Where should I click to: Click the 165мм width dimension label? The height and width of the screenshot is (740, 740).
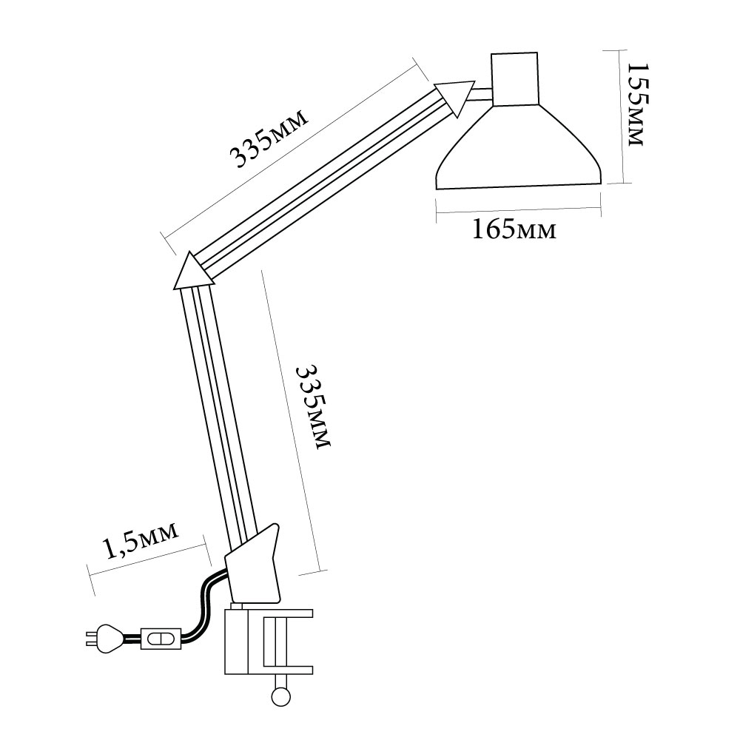tap(514, 230)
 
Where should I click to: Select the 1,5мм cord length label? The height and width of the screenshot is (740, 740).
tap(141, 539)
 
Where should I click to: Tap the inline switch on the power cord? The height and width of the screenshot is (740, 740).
tap(161, 639)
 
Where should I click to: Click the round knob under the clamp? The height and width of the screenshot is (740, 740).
tap(280, 696)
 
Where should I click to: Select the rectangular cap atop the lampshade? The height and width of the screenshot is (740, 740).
tap(514, 78)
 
